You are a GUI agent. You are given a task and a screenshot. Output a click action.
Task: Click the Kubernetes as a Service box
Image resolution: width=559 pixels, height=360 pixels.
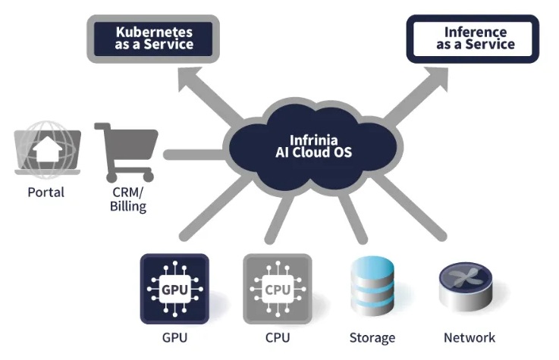coord(154,39)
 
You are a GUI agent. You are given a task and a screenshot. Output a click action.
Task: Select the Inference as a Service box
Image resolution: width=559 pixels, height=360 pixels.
coord(475,39)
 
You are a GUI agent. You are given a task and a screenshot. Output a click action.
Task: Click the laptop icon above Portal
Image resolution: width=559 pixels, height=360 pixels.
coord(47,152)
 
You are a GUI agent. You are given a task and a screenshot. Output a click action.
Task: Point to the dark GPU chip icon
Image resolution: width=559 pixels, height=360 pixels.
coord(174,289)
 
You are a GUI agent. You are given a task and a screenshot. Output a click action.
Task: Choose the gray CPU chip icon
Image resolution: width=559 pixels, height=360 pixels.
coord(277,289)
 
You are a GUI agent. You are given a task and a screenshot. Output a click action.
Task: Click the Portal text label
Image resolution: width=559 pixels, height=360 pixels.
coord(46,193)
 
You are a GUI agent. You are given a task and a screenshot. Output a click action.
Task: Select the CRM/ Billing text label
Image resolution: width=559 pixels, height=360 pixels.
coord(127,199)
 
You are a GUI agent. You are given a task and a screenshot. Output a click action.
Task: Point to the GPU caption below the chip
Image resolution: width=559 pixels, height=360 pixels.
coord(174,337)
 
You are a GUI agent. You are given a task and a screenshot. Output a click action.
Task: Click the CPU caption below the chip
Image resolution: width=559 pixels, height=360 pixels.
coord(277,337)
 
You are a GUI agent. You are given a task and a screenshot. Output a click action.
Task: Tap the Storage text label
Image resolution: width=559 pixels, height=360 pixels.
coord(372,337)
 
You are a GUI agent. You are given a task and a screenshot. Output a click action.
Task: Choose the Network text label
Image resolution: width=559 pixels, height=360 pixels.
coord(469,337)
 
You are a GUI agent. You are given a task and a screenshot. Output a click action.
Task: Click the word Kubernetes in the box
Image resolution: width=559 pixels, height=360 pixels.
coord(154,32)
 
